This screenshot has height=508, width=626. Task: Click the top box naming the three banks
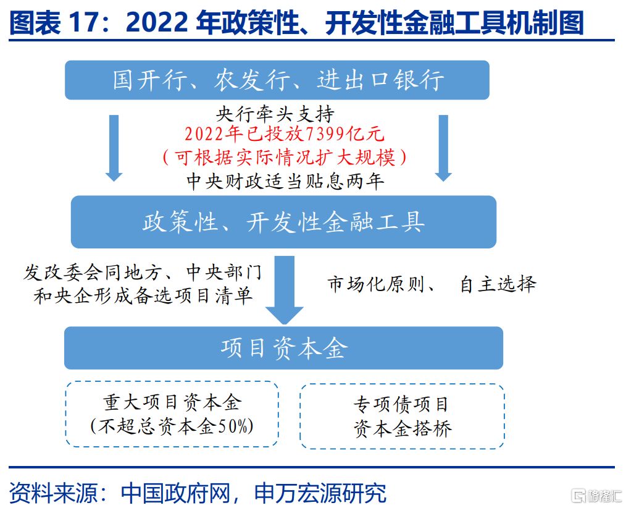pos(277,80)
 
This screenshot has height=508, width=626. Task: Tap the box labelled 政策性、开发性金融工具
pos(283,222)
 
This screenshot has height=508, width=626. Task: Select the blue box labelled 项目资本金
pos(283,348)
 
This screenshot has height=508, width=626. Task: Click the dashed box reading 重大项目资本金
pos(172,413)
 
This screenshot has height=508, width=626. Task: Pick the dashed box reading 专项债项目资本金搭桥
pos(402,416)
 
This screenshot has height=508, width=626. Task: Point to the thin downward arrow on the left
pos(114,148)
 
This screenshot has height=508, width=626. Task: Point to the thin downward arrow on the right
pos(443,148)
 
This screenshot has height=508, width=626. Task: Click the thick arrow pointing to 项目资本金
pos(284,290)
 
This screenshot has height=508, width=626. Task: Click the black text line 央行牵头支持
pos(275,114)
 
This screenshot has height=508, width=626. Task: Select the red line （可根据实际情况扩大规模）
pos(285,158)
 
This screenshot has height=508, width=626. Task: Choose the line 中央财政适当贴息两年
pos(285,181)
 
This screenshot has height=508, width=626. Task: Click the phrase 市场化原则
pos(376,284)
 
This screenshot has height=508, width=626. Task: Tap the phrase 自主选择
pos(498,284)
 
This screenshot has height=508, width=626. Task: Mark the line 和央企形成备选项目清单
pos(143,296)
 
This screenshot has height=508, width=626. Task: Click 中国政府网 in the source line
pos(176,493)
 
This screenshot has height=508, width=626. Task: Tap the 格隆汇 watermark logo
pos(596,496)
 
